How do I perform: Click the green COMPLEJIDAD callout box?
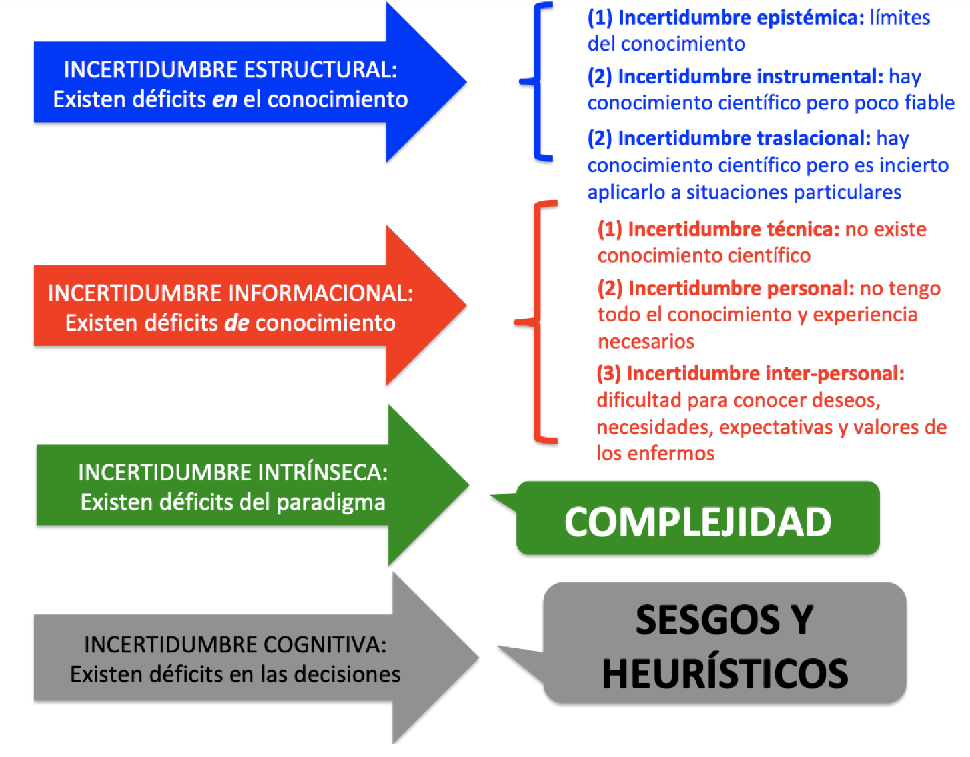[698, 520]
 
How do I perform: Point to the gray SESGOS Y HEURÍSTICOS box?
[725, 644]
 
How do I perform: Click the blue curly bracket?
[538, 82]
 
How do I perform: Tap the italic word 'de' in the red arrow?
[237, 323]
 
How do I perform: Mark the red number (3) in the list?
[608, 373]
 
